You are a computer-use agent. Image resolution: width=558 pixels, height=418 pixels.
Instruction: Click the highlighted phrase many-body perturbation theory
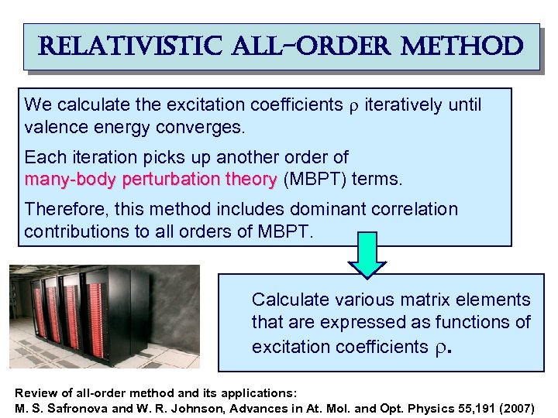pos(150,180)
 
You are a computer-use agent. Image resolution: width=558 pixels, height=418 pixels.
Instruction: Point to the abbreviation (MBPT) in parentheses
pos(315,180)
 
